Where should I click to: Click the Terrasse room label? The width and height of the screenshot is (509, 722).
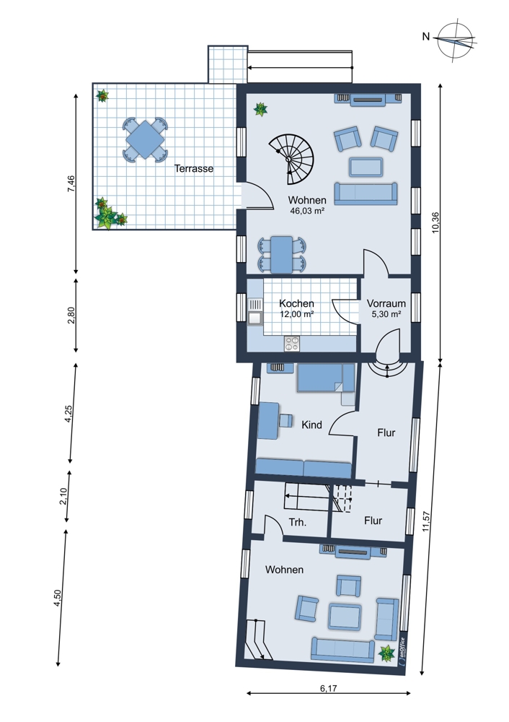pos(193,168)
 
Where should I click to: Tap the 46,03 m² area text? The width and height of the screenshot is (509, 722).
pos(308,211)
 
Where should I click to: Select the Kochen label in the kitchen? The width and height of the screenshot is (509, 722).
pos(296,303)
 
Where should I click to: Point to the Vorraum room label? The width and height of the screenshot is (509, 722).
pos(386,303)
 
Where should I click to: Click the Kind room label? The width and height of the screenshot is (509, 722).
pos(311,425)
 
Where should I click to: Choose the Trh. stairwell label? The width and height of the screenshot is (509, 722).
pos(298,522)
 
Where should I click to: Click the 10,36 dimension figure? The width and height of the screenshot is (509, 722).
pos(435,222)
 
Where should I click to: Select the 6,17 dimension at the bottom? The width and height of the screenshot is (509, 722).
pos(328,688)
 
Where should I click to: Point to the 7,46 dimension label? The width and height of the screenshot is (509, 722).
pos(71,183)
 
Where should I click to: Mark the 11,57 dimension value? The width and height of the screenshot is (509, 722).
pos(426,522)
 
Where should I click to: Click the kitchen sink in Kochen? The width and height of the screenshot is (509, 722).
pos(254,311)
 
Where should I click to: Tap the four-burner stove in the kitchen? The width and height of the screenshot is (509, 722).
pos(292,343)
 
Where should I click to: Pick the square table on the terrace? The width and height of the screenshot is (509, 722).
pos(145,139)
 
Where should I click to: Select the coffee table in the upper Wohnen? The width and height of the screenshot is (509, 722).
pos(366,167)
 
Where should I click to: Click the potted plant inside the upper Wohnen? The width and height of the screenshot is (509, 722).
pos(261,109)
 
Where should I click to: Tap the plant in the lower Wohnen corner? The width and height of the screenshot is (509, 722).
pos(386,653)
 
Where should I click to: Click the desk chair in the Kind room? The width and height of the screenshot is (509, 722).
pos(286,420)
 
